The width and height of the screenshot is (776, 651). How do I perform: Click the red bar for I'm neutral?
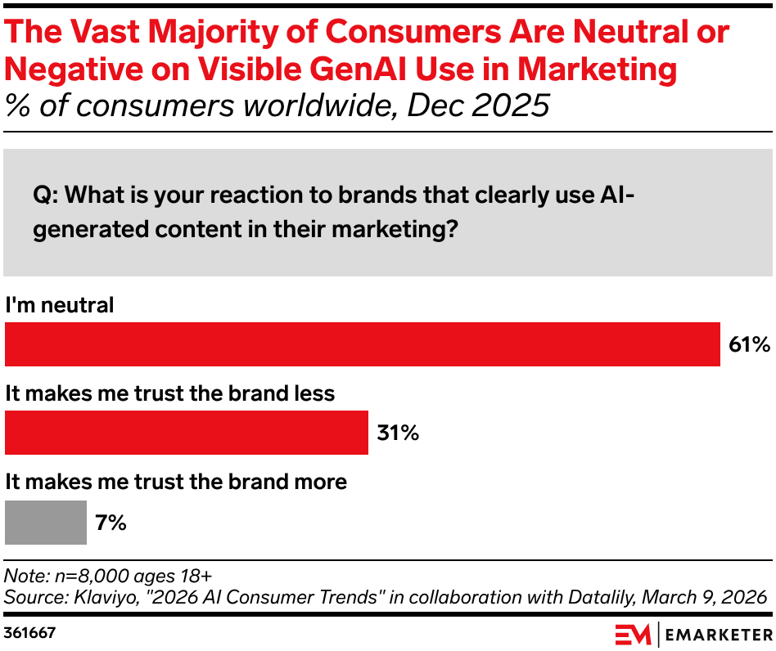click(x=363, y=344)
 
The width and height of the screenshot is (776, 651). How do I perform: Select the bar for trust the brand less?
click(x=187, y=433)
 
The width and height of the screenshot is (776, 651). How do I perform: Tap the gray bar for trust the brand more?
click(x=46, y=523)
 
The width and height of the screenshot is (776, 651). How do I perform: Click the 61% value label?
click(x=749, y=345)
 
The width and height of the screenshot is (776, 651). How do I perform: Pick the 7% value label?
click(x=111, y=523)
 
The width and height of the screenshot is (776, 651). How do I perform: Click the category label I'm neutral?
click(x=60, y=305)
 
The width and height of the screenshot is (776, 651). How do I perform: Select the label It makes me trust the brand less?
click(x=170, y=393)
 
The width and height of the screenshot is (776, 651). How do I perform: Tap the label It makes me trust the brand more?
click(x=176, y=482)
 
